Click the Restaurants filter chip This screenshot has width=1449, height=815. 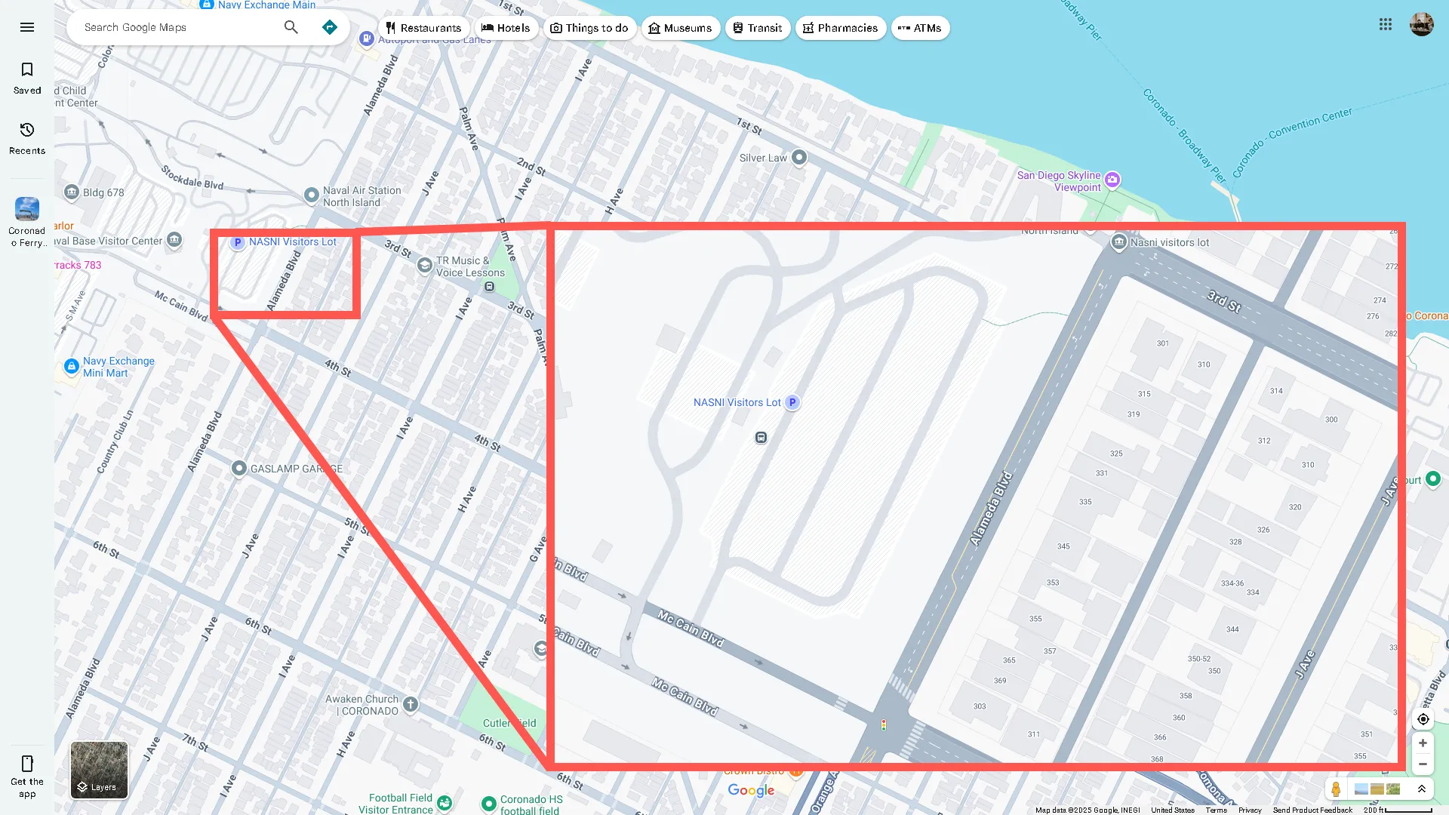423,28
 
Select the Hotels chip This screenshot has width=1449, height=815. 506,28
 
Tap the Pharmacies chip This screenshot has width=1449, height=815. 840,28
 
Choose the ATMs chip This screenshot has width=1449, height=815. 919,28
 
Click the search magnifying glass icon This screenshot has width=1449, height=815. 291,27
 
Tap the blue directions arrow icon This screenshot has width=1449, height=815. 330,27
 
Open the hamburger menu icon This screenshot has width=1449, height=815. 27,27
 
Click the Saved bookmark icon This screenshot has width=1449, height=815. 27,70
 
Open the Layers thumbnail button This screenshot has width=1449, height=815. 99,770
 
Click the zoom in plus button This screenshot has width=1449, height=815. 1423,743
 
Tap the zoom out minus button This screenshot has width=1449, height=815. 1423,764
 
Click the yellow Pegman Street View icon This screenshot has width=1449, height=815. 1336,789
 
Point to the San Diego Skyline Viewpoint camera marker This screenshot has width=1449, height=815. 1112,180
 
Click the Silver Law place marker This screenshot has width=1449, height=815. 799,158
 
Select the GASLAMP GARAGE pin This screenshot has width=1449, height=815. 238,469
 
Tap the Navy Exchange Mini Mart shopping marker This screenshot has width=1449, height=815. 72,366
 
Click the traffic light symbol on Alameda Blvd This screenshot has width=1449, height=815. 884,724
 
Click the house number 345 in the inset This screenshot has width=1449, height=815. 1063,546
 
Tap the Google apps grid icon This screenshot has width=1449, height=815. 1386,24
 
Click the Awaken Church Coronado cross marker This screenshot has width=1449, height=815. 411,704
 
